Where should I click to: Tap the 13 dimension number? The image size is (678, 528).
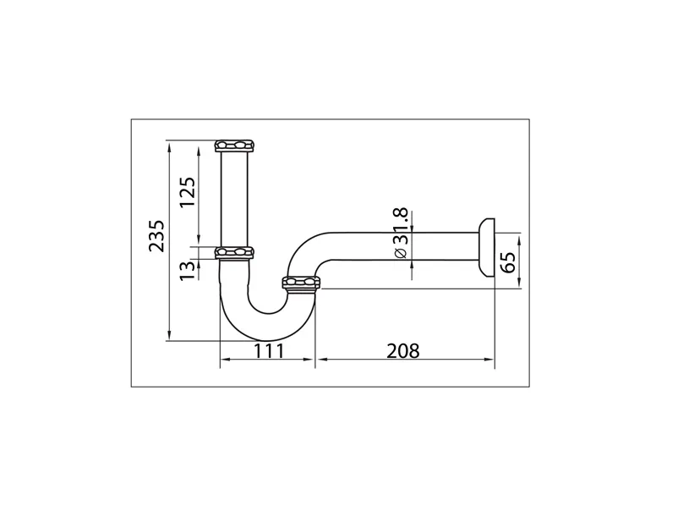click(187, 268)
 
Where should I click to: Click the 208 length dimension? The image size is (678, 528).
click(402, 350)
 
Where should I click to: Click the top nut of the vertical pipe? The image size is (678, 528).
click(235, 146)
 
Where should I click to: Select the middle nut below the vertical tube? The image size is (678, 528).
click(235, 252)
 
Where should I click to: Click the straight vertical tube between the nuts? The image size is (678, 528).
click(235, 199)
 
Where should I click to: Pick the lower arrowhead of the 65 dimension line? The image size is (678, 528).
click(518, 285)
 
